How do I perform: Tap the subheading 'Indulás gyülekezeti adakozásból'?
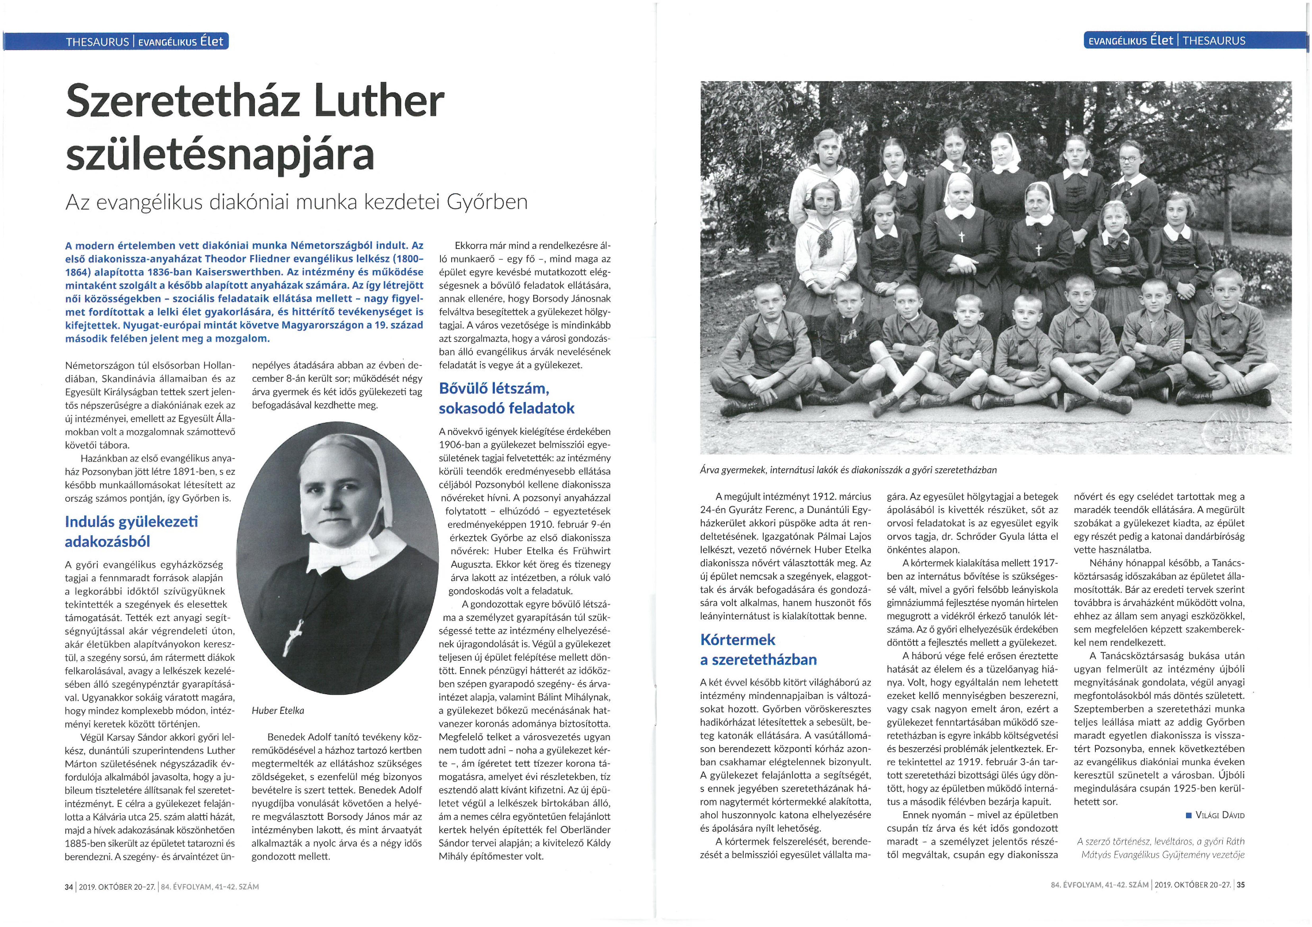[x=132, y=531]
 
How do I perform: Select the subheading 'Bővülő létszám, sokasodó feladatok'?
[x=506, y=398]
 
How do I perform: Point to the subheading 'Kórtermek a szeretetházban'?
[x=758, y=649]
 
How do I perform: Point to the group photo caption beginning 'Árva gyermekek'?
[x=848, y=470]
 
